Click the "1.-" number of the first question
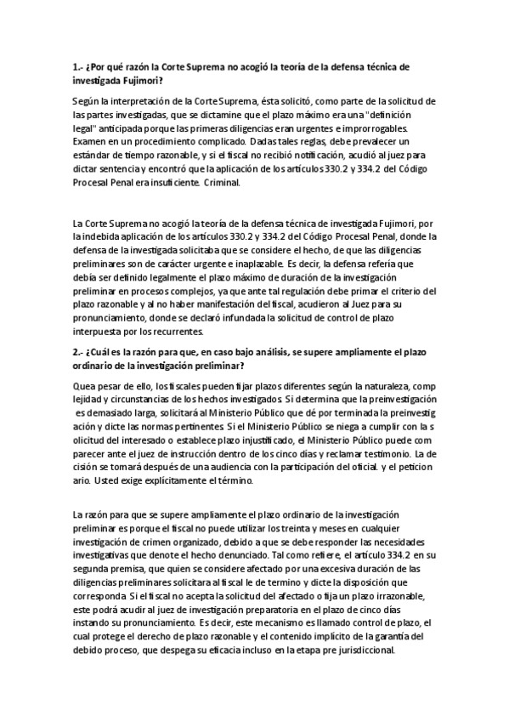point(78,66)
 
